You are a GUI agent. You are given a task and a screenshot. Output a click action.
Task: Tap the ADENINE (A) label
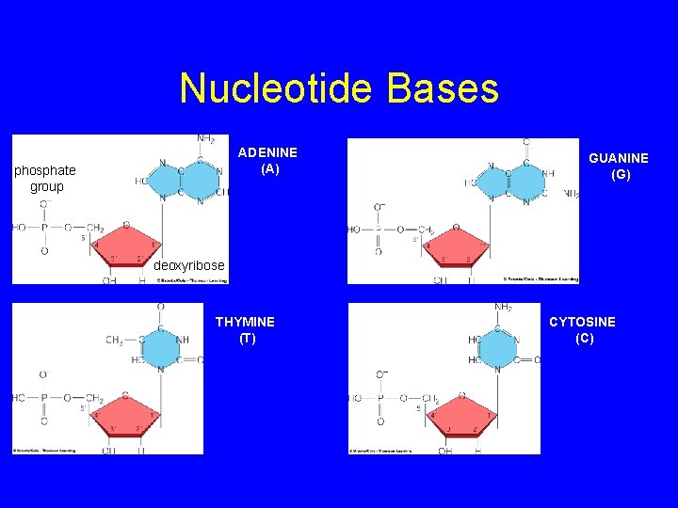268,161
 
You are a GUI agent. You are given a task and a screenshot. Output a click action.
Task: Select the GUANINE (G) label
619,167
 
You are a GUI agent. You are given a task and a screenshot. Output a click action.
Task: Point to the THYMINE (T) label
245,330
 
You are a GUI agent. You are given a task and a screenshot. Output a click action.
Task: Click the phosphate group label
45,179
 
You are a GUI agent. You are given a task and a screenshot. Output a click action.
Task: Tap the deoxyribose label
189,265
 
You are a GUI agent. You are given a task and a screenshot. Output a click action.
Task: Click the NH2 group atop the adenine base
205,139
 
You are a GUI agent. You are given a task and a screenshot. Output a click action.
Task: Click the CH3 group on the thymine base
115,341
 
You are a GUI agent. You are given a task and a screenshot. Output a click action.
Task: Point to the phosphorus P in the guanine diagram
378,229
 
